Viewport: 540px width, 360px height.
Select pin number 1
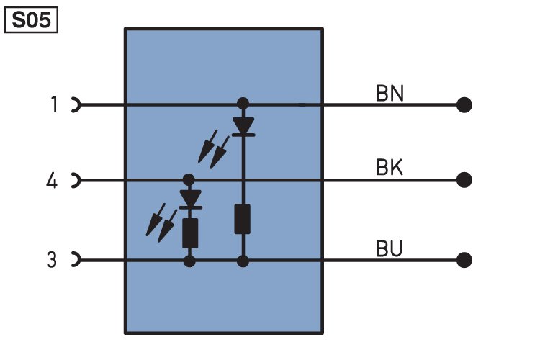pos(53,105)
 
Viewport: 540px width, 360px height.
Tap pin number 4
pos(52,180)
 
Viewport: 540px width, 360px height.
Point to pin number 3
pos(52,259)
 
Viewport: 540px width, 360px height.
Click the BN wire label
pos(390,94)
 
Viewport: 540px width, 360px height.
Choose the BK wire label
pos(390,168)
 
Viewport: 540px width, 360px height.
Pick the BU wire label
pos(390,248)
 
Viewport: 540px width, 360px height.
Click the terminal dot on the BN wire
pos(464,105)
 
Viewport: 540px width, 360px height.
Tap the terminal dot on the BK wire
pos(464,179)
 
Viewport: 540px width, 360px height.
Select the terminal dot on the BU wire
pos(464,259)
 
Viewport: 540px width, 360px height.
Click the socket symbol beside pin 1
pos(75,105)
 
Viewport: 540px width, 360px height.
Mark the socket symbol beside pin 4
pos(75,179)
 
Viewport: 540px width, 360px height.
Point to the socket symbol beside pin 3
pos(75,259)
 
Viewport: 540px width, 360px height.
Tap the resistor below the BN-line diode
pos(243,220)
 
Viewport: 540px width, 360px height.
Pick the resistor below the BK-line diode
pos(190,232)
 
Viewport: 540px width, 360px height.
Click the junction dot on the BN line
pos(243,104)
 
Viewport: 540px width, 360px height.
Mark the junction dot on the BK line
pos(189,179)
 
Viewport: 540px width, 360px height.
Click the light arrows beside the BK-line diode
pos(161,223)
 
